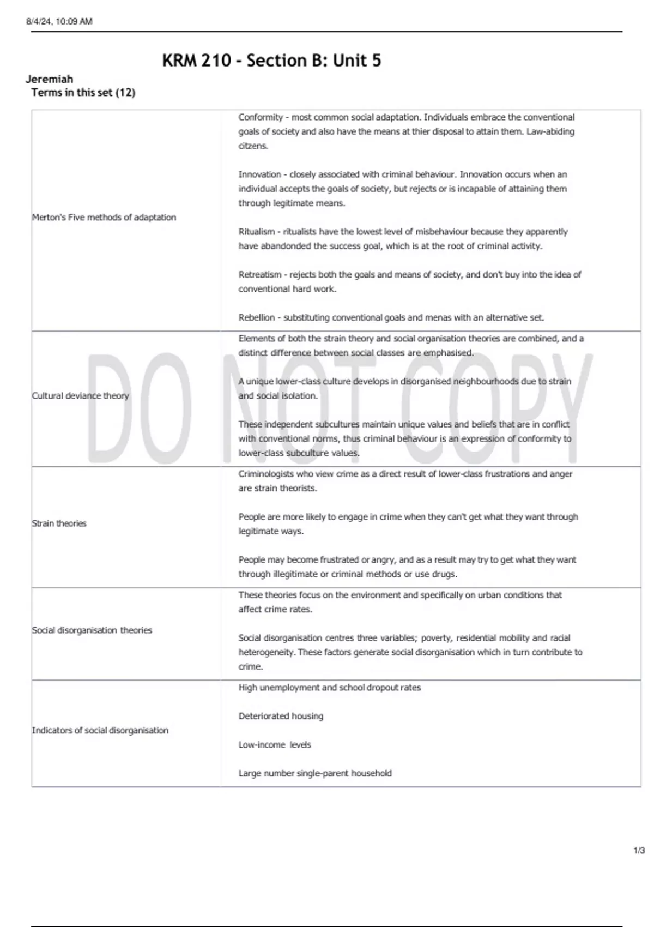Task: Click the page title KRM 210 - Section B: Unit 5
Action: [271, 61]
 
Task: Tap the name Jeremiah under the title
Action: [49, 79]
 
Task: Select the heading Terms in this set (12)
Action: [83, 93]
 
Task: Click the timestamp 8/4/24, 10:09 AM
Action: [59, 22]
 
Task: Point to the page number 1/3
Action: [639, 851]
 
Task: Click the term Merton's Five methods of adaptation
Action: [104, 218]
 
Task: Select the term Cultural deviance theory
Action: [81, 396]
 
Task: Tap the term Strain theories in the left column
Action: [59, 523]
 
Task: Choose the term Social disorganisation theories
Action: [92, 630]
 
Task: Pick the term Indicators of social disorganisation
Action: [100, 731]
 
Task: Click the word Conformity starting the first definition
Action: [261, 117]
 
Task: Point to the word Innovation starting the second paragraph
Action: [259, 174]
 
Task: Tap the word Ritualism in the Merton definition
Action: [257, 232]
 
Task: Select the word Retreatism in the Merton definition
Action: [260, 275]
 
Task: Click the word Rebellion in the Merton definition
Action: [257, 317]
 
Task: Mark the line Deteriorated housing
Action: [281, 716]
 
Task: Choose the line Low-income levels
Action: [275, 745]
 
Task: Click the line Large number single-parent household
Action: [315, 773]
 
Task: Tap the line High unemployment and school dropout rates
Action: [330, 688]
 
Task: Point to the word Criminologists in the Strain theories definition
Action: [267, 474]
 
